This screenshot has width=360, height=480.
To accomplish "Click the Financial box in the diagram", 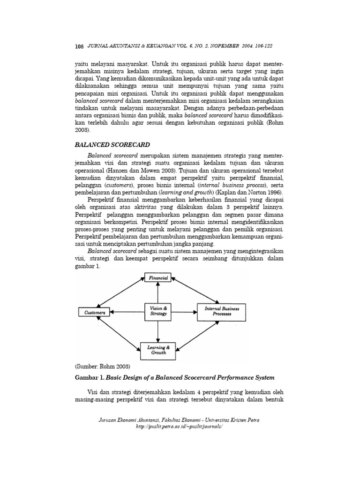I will pos(158,278).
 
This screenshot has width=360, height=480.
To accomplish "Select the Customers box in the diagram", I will pos(94,312).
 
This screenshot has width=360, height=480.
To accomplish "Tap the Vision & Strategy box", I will pos(158,311).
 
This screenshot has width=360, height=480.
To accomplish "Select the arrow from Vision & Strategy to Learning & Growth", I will pos(158,331).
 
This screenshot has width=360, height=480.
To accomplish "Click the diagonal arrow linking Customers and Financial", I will pos(118,292).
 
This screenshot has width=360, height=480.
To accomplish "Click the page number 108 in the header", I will pos(79,46).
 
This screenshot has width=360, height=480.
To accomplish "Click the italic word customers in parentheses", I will pos(120,185).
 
